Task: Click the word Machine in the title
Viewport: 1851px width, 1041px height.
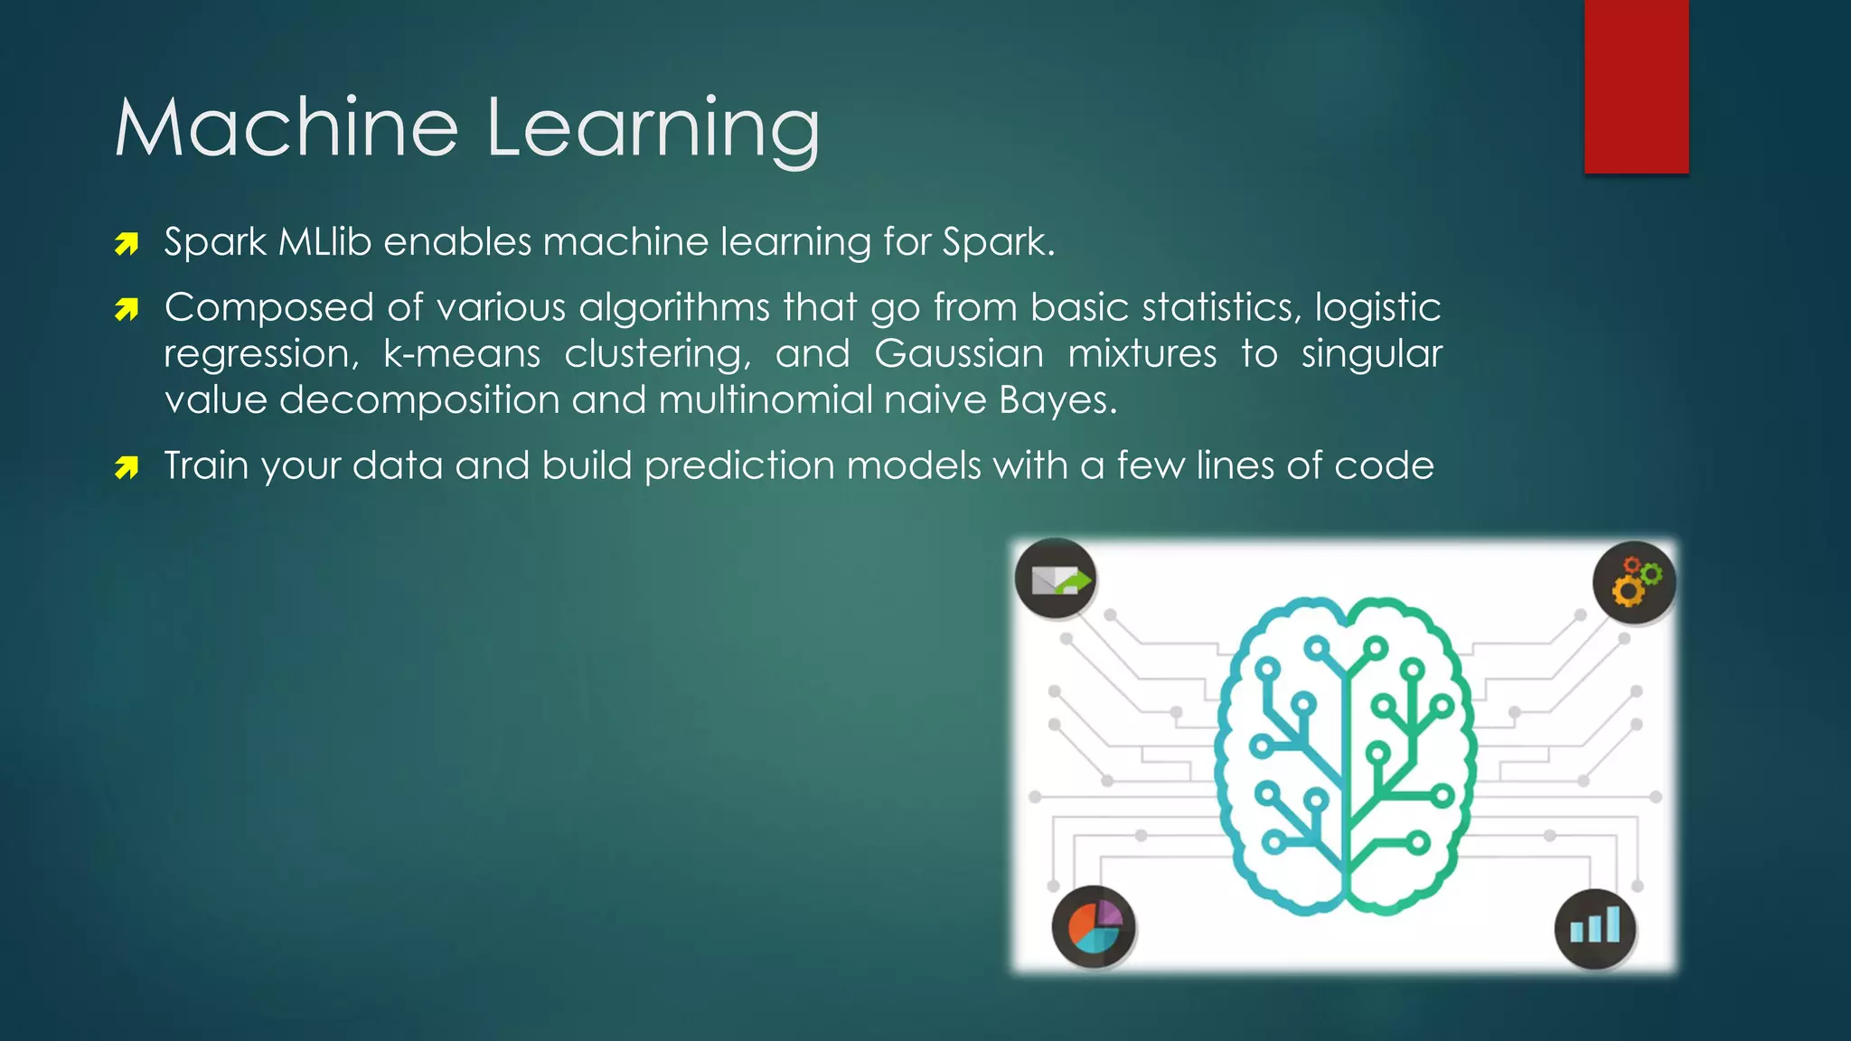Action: pyautogui.click(x=287, y=127)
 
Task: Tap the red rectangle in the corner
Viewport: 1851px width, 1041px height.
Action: pyautogui.click(x=1636, y=86)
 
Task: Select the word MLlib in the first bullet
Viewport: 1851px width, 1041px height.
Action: pyautogui.click(x=324, y=242)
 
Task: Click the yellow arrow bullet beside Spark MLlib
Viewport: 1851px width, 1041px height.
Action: pyautogui.click(x=127, y=244)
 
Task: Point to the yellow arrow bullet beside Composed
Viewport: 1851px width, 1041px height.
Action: pyautogui.click(x=127, y=311)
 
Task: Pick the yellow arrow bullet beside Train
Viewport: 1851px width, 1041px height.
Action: pyautogui.click(x=127, y=468)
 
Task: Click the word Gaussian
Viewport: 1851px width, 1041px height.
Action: pyautogui.click(x=959, y=353)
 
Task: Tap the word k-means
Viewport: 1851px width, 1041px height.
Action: pyautogui.click(x=461, y=353)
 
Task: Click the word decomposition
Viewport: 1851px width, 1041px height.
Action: pyautogui.click(x=419, y=400)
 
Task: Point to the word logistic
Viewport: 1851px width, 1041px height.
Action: pyautogui.click(x=1377, y=308)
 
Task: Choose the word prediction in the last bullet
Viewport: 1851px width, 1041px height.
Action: pyautogui.click(x=739, y=466)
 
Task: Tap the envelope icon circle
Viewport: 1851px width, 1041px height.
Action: pyautogui.click(x=1056, y=578)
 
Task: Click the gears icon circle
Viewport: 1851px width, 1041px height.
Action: pyautogui.click(x=1634, y=582)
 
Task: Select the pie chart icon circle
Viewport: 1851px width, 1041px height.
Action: pyautogui.click(x=1094, y=926)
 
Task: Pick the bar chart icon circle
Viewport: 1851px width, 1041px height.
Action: pyautogui.click(x=1595, y=928)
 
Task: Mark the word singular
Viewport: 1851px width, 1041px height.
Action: pyautogui.click(x=1371, y=354)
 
